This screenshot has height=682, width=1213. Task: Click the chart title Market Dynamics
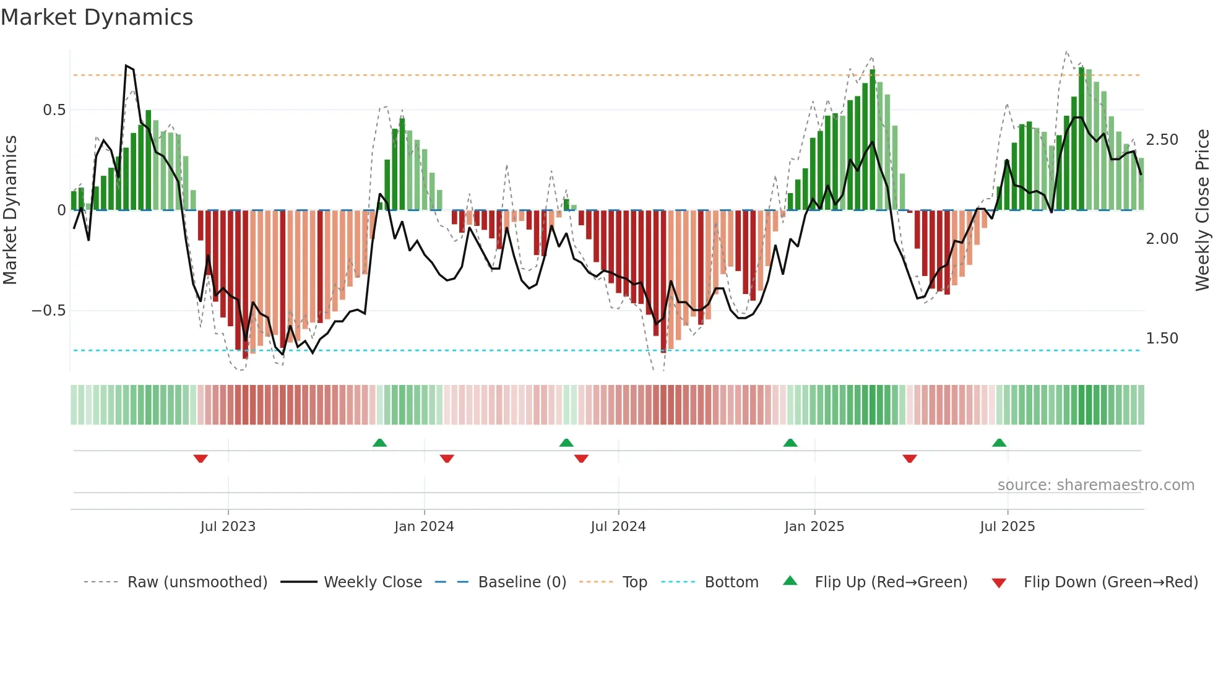coord(97,17)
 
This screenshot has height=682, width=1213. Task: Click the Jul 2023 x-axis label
coord(228,527)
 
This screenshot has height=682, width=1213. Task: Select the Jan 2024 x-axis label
coord(424,527)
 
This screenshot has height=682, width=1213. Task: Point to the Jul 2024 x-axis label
coord(618,527)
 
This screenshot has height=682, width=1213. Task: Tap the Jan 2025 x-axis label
coord(814,527)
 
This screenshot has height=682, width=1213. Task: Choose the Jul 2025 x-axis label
coord(1007,527)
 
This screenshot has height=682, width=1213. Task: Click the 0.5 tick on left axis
coord(54,110)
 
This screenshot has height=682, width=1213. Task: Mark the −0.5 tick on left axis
coord(49,311)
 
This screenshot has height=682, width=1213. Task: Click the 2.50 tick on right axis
coord(1162,140)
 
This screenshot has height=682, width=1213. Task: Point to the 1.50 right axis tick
coord(1162,339)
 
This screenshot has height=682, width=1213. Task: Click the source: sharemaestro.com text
coord(1095,485)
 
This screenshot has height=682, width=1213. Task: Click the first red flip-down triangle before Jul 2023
coord(201,459)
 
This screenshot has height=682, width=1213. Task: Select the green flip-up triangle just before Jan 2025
coord(790,442)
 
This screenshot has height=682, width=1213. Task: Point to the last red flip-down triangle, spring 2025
coord(910,459)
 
